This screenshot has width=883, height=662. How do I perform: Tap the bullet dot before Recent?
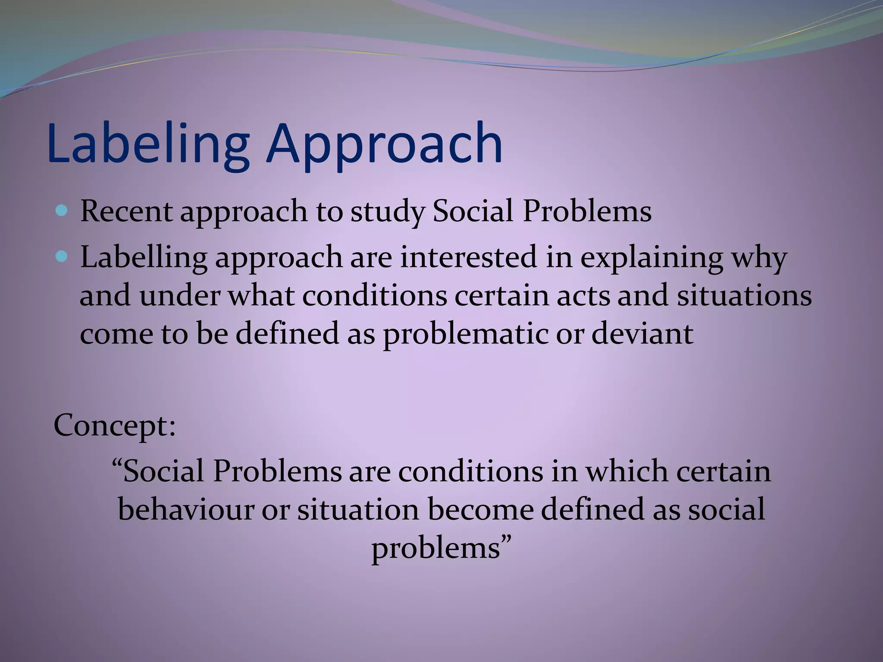click(62, 211)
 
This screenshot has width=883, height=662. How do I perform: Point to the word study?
click(387, 212)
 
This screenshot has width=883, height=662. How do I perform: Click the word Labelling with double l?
click(144, 258)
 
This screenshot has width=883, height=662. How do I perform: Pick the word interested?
click(468, 257)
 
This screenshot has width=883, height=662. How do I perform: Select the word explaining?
click(651, 258)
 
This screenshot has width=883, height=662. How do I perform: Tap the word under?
click(179, 296)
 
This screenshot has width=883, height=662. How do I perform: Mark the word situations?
click(744, 296)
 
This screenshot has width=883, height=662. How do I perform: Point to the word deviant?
click(642, 334)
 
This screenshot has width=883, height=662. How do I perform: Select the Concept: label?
click(115, 425)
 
